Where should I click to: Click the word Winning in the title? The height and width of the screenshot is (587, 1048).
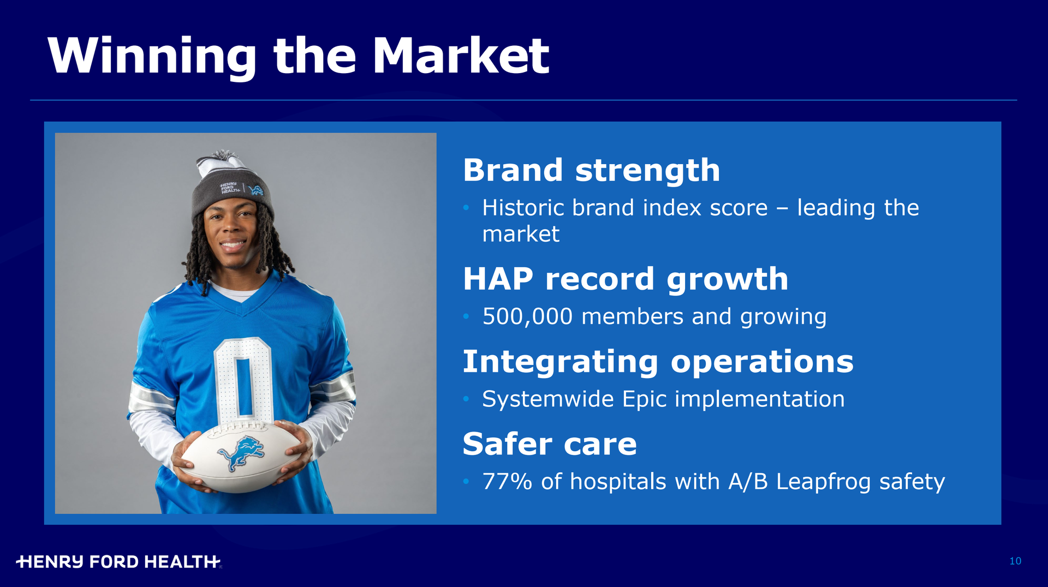coord(152,56)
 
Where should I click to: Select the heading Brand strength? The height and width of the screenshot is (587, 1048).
coord(592,171)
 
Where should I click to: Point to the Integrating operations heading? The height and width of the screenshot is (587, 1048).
coord(658,363)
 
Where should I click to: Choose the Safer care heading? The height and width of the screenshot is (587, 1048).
coord(550,444)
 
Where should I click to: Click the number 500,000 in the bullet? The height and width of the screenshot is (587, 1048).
coord(527,317)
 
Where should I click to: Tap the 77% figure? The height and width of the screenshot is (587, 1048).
coord(507,482)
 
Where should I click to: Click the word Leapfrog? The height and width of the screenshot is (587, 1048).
coord(823,482)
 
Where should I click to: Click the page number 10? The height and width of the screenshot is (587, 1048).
coord(1015,561)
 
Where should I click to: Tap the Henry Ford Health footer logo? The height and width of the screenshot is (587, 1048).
coord(118,562)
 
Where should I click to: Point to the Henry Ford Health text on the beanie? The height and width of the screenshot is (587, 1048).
coord(229,188)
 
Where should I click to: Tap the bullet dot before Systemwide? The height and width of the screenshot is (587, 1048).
coord(466,399)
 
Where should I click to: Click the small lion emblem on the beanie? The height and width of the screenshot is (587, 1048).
coord(255,190)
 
